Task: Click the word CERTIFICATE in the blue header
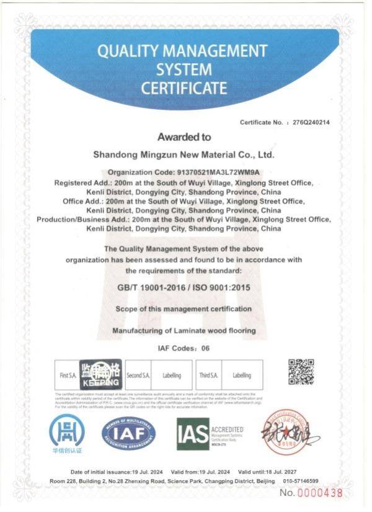click(184, 88)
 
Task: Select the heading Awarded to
click(184, 137)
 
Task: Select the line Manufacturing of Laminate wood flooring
click(184, 331)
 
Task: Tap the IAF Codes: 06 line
click(184, 348)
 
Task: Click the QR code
click(301, 372)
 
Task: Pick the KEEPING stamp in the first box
click(100, 374)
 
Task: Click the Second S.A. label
click(138, 375)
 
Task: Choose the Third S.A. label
click(208, 375)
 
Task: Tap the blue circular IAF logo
click(129, 433)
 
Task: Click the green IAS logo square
click(192, 433)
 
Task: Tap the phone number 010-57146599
click(300, 481)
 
